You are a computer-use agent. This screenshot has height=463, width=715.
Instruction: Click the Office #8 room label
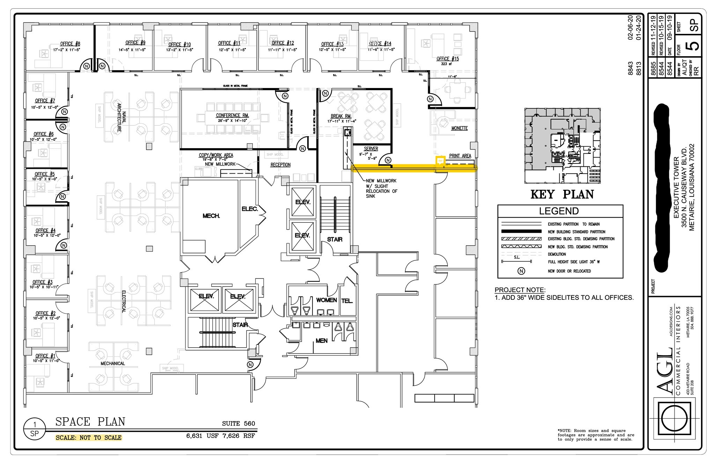(70, 44)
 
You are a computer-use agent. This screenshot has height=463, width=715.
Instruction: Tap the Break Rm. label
(341, 116)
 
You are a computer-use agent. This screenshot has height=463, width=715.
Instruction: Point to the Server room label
(371, 149)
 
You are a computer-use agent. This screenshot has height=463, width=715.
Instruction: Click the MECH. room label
(211, 216)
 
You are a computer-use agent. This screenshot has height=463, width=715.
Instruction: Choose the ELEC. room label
(250, 209)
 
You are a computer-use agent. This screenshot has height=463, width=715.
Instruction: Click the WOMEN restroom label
(326, 300)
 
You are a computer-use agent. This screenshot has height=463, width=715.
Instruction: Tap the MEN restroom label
(322, 340)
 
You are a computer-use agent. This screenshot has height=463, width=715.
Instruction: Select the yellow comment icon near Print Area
(440, 160)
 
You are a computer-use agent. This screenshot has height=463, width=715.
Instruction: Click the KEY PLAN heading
(562, 194)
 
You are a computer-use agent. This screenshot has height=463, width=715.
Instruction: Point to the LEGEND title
(559, 211)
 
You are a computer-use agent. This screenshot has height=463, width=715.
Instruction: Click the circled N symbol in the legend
(521, 271)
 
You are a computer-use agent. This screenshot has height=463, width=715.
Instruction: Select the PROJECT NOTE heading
(519, 290)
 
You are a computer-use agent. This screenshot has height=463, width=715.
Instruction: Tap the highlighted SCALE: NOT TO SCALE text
(89, 437)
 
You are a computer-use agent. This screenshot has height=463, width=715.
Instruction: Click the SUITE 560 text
(238, 424)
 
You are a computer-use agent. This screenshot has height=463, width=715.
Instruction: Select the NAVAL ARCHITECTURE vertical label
(121, 117)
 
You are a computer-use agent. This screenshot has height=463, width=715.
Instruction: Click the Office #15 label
(448, 59)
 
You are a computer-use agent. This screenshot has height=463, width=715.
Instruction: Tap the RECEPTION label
(280, 165)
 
